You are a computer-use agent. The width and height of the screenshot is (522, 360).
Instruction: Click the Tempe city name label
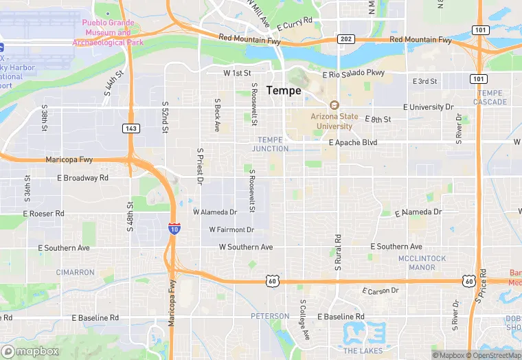[283, 90]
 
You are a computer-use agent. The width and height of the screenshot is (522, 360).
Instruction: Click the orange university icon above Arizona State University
[334, 105]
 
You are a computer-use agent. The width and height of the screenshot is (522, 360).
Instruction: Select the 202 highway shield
[345, 39]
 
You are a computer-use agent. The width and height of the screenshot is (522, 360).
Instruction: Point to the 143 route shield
[130, 128]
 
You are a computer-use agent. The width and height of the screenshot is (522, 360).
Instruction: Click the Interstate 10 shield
[174, 228]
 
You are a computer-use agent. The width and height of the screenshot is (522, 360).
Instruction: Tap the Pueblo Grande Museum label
[107, 32]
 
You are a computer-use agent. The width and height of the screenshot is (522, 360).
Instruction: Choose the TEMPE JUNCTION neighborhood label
[270, 144]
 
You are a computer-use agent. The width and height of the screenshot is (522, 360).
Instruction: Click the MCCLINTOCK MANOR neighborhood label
[422, 262]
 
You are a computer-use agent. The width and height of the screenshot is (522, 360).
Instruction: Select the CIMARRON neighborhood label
[75, 272]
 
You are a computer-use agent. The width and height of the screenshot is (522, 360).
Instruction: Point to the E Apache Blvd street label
[353, 143]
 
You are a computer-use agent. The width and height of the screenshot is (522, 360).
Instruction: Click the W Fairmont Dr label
[231, 229]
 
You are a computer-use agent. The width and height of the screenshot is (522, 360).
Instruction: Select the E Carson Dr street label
[380, 291]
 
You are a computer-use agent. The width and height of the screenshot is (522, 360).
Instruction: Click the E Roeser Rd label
[43, 214]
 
